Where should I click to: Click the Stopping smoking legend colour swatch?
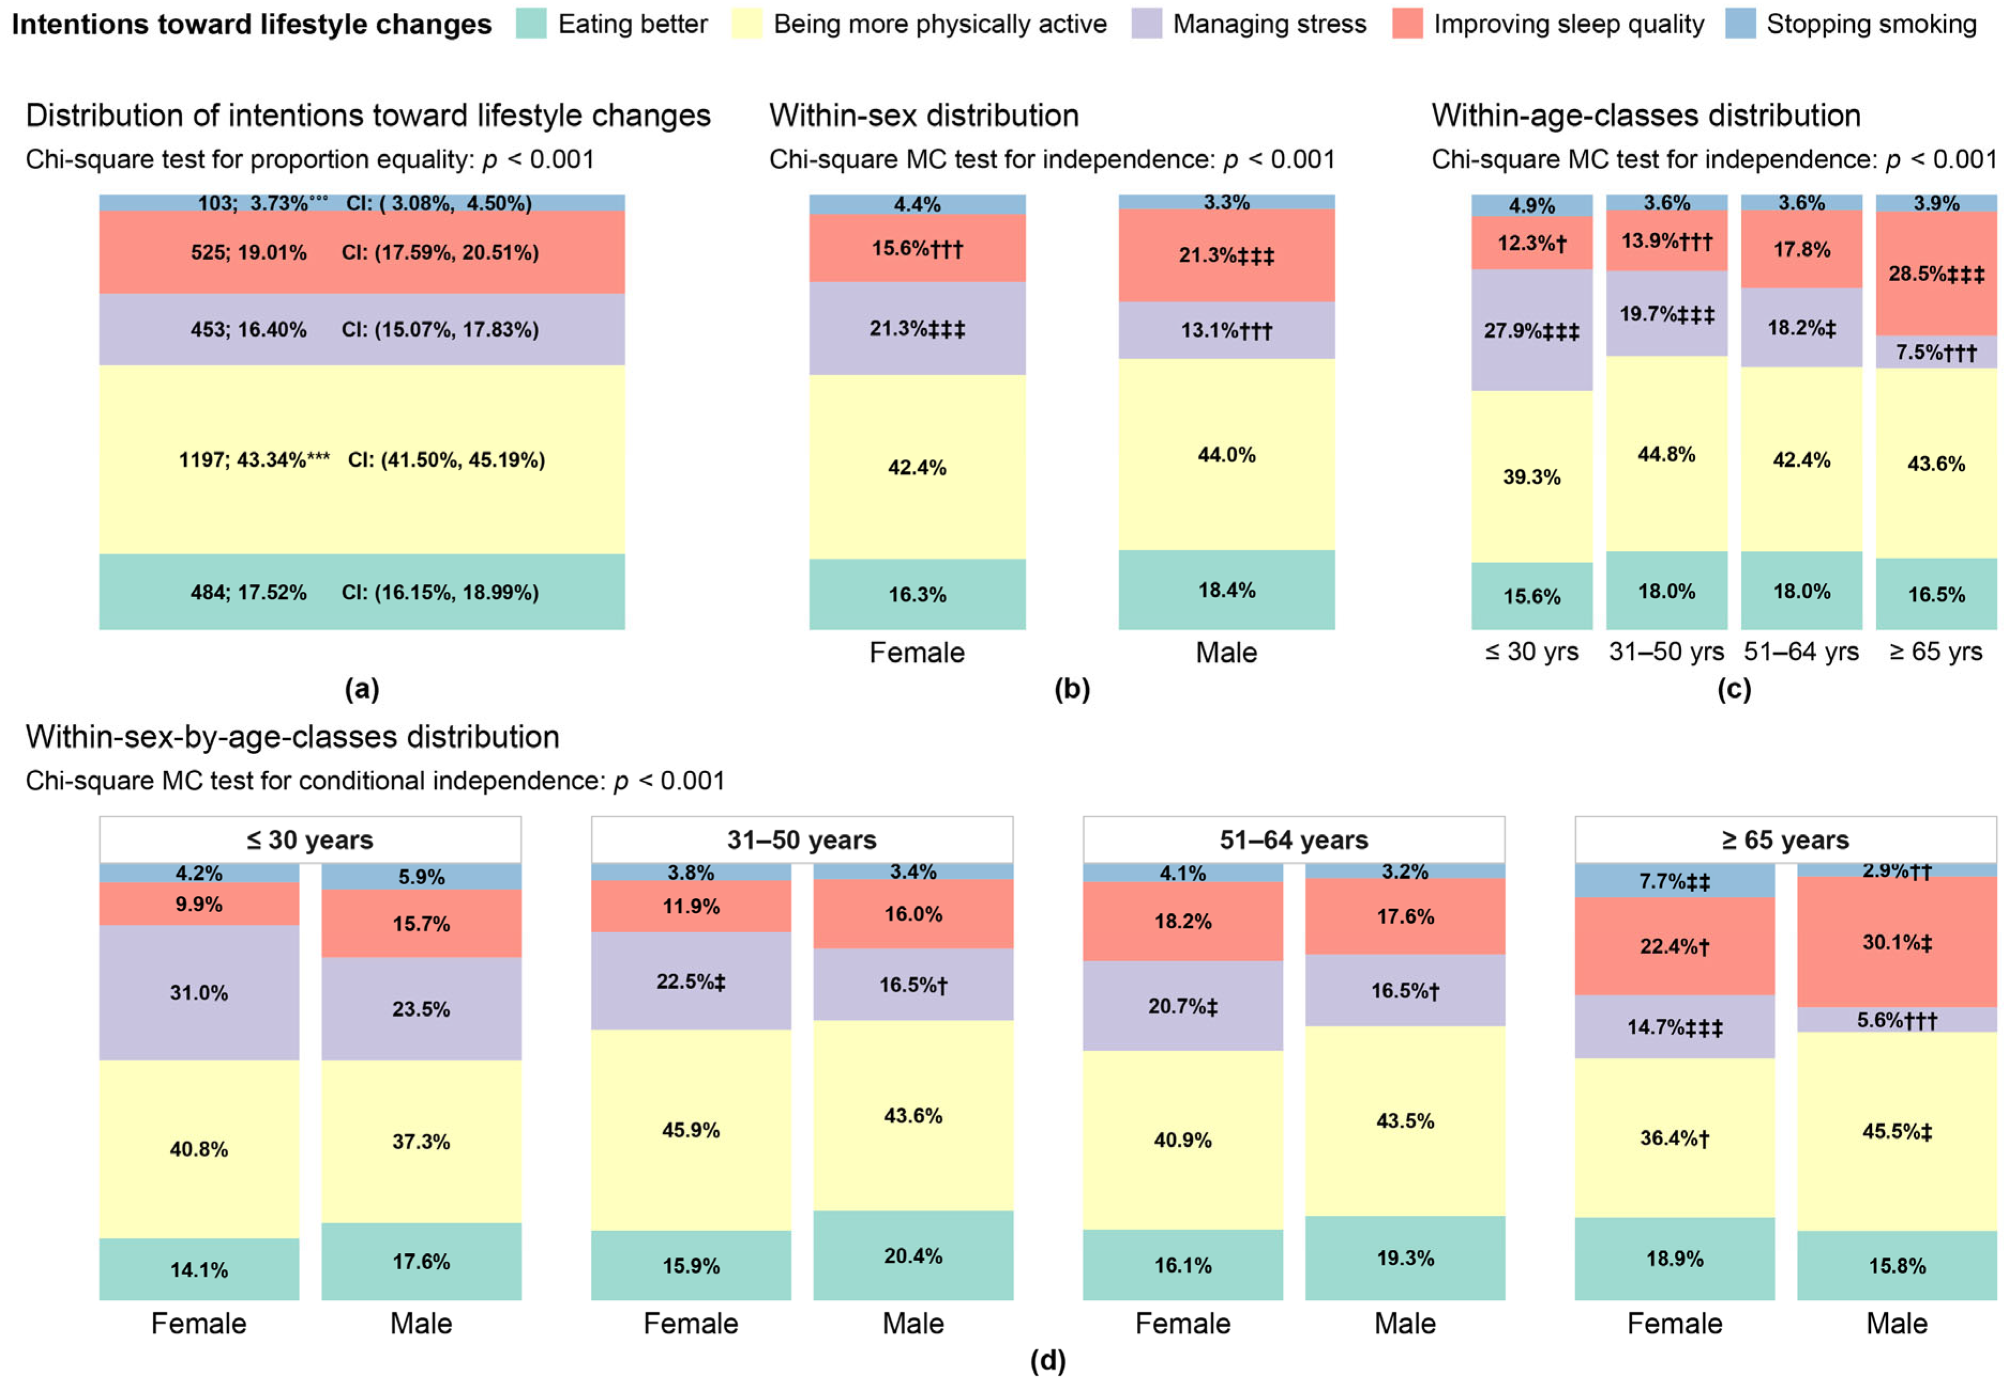coord(1740,24)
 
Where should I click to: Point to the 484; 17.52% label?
coord(248,593)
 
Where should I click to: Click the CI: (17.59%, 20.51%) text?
coord(440,253)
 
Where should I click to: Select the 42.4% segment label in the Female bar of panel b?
coord(916,468)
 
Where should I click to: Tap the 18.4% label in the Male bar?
coord(1227,590)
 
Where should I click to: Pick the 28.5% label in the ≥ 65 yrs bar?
coord(1935,274)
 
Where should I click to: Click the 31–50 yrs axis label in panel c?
coord(1666,652)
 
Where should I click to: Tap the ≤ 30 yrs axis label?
coord(1532,652)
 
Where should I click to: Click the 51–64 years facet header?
coord(1293,840)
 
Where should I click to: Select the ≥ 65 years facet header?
coord(1785,840)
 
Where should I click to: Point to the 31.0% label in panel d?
coord(199,993)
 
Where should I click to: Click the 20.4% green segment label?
coord(913,1256)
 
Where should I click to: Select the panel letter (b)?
coord(1072,689)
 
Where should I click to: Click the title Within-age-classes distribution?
coord(1645,116)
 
